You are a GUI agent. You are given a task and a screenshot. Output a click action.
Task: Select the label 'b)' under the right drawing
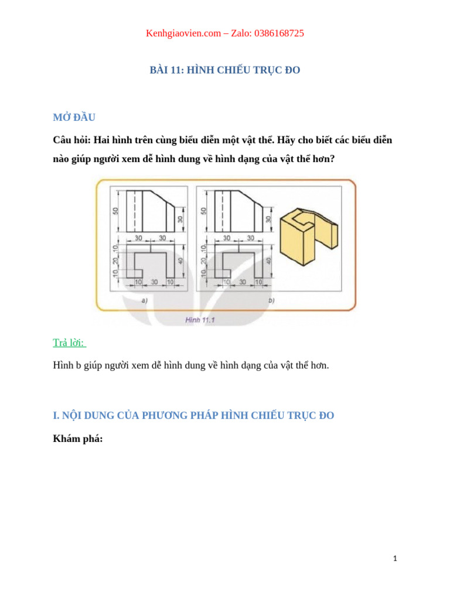[x=271, y=300]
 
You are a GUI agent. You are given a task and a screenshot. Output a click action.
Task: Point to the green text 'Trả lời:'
[x=69, y=343]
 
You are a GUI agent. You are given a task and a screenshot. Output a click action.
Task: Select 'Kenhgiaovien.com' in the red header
[x=182, y=33]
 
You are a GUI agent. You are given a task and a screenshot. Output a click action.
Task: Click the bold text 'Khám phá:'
[x=77, y=438]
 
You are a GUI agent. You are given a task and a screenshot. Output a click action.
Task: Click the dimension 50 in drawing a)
[x=115, y=211]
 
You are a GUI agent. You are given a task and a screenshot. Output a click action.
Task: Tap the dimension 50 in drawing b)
[x=204, y=211]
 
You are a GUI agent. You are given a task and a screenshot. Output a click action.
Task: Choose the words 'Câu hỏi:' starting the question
[x=71, y=141]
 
